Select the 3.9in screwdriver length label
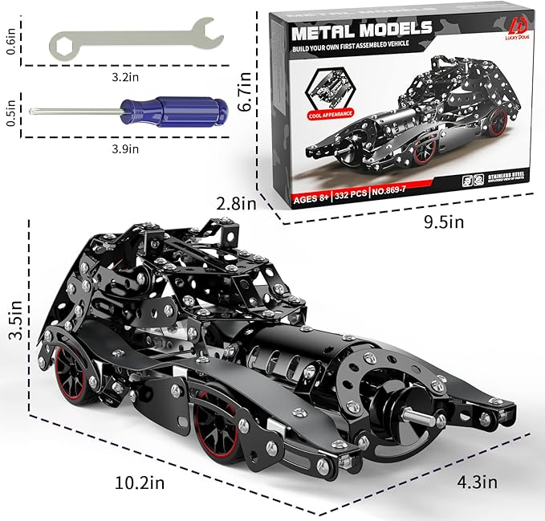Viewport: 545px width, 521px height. pyautogui.click(x=127, y=148)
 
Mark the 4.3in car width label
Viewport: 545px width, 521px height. pyautogui.click(x=476, y=482)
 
